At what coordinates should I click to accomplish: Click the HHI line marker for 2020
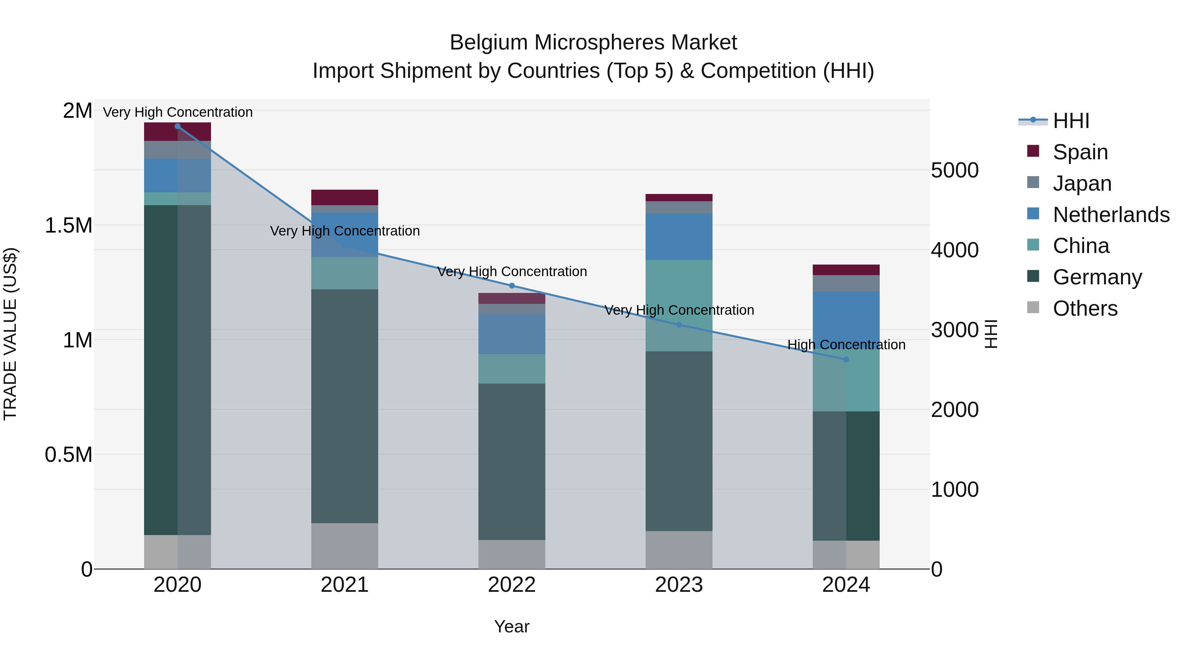pos(177,126)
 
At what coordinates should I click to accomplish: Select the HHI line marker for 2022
pos(511,286)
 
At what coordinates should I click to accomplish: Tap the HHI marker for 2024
pos(846,360)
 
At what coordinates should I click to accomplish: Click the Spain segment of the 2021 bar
pos(345,197)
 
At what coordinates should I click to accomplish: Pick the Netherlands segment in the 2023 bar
pos(679,237)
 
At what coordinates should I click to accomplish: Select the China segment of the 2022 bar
pos(511,369)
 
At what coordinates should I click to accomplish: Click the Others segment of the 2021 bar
pos(345,546)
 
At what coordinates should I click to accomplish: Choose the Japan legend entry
pos(1081,183)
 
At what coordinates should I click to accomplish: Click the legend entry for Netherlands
pos(1111,215)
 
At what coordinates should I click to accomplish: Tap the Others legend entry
pos(1085,308)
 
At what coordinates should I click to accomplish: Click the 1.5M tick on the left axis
pos(69,225)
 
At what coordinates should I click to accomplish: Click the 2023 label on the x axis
pos(679,585)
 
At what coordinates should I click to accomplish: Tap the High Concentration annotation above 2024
pos(846,345)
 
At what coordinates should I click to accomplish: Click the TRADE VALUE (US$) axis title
pos(10,334)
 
